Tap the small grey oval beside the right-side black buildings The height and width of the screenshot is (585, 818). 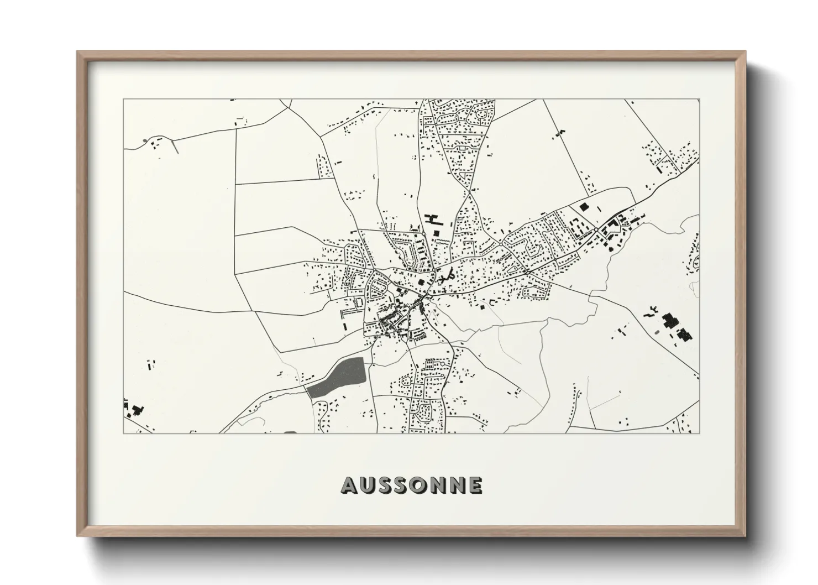coord(657,332)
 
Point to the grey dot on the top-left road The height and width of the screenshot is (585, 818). coord(145,140)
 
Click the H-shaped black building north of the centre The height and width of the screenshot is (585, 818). coord(431,220)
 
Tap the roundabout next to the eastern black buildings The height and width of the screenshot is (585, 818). coord(597,230)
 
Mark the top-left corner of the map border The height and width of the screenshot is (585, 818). coord(123,100)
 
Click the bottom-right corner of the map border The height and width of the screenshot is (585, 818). coord(699,433)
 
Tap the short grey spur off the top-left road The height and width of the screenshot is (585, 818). coord(175,146)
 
